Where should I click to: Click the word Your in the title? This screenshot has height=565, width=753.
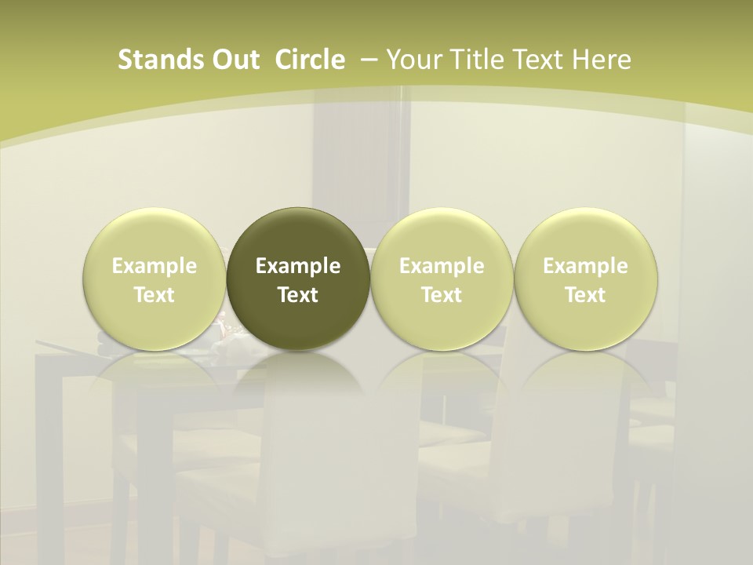coord(413,60)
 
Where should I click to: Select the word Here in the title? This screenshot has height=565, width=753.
coord(602,60)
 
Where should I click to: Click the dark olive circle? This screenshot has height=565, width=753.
coord(298,278)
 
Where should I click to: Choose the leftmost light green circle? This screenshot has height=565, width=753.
coord(155,278)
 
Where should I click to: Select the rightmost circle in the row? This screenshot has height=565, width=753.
coord(585,278)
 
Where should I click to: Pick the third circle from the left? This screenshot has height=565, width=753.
coord(442,278)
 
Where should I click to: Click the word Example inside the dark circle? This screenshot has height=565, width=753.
coord(298,266)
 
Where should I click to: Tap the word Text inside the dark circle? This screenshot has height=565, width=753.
coord(298,295)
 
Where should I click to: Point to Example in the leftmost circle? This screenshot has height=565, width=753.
coord(155,266)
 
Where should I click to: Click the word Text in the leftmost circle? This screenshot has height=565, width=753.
coord(155,295)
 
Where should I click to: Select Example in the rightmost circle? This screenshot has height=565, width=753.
coord(585,266)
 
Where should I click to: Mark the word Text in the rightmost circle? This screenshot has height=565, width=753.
coord(585,295)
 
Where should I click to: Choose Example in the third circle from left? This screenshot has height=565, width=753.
coord(442,266)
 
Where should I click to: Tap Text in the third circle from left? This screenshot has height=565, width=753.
coord(442,295)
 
